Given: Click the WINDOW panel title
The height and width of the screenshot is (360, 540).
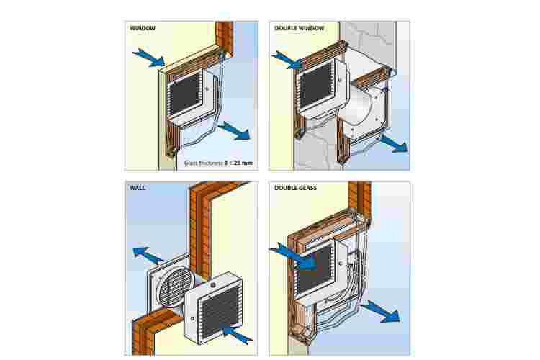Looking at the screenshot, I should pos(143,28).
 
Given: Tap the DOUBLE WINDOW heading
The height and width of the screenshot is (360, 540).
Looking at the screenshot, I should pos(300,28).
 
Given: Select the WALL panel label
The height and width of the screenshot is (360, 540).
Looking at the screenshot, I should pos(138,188).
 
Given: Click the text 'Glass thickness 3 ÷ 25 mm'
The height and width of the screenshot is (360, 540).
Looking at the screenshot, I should pos(218,163).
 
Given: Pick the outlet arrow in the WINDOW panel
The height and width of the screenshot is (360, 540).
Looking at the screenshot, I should pos(235,132).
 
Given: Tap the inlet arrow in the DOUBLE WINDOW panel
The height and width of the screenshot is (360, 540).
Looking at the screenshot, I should pos(286,60).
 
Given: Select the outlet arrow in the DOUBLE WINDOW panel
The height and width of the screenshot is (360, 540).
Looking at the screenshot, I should pos(392,143).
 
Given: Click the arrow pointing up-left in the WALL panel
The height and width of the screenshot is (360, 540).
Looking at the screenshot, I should pos(148,255).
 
